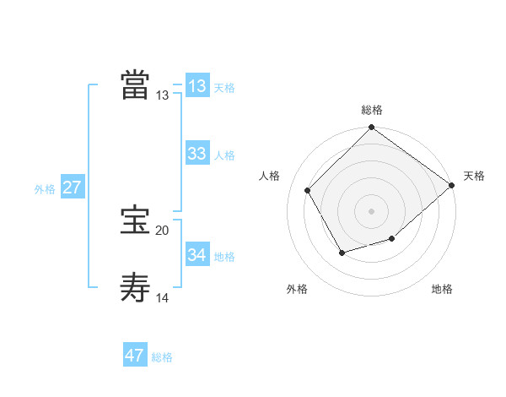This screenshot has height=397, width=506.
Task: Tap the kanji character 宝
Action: point(135,221)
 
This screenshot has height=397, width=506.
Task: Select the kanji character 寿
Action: point(135,288)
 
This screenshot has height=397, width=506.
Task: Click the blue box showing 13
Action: point(197,86)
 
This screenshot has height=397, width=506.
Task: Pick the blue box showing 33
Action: point(197,154)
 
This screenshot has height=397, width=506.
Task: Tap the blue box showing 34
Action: point(197,254)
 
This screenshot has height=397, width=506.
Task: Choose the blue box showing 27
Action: point(73,188)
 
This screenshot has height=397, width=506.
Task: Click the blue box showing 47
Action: point(135,356)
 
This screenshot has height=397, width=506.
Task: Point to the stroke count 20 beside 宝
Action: point(163,231)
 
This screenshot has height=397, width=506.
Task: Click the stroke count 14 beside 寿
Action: point(163,297)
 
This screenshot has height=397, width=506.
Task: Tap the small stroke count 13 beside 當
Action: point(163,95)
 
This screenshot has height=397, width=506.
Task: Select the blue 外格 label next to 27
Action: point(45,189)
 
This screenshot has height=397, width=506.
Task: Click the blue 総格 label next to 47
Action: point(162,357)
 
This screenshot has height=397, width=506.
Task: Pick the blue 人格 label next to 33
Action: point(224,155)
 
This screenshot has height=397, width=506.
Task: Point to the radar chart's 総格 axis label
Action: point(372,110)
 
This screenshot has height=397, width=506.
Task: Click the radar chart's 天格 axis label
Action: point(474,176)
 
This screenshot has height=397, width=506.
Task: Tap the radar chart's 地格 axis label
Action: point(442,290)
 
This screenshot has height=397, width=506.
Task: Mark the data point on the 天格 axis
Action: point(452,185)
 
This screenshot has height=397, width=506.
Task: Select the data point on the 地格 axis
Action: point(392,240)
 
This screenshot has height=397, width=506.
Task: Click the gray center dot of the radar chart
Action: point(372,211)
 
